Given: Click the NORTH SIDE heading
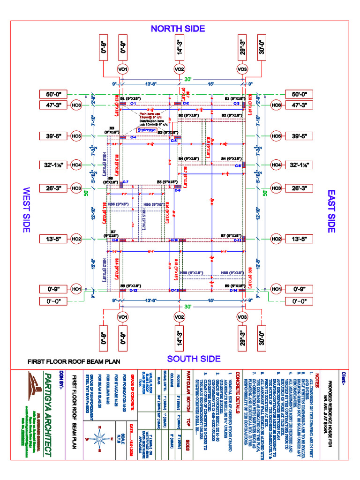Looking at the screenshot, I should pos(178,29).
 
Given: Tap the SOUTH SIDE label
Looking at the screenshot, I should pos(194,359).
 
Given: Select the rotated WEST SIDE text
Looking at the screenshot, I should pos(26,210).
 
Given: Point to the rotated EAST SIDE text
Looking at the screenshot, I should pos(331,210).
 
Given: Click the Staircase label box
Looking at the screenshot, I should pos(147,130).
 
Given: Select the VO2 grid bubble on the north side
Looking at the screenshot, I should pos(179,69).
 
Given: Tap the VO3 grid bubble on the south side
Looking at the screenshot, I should pos(242,317).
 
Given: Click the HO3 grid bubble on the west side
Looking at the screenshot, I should pos(76,188).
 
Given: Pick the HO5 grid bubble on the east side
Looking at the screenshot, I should pos(276,136).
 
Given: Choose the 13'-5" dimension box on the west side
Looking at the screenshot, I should pos(54,239).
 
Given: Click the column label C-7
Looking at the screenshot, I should pos(126,181).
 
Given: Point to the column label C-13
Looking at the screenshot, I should pos(174,291).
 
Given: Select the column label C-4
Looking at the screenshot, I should pos(134,137).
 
